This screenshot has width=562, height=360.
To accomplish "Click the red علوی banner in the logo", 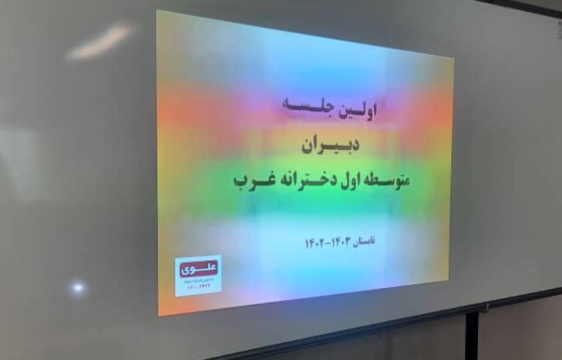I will [x=197, y=265].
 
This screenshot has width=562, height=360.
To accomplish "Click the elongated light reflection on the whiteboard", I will [x=99, y=42].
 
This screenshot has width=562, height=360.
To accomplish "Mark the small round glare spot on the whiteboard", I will [x=76, y=286].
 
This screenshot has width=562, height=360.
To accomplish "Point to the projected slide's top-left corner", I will [x=157, y=11].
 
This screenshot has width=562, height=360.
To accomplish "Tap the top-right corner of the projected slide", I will [x=453, y=58].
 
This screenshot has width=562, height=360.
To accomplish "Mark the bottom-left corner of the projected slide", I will [x=159, y=315].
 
